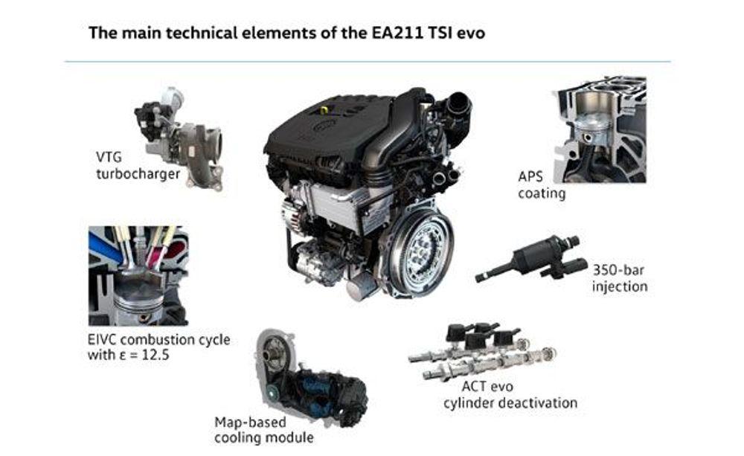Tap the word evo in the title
pos(470,33)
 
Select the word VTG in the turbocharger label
pos(109,157)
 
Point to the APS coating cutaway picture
pos(601,129)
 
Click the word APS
pos(530,176)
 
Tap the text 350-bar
pos(618,271)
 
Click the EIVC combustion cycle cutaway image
pos(138,276)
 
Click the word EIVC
pos(102,340)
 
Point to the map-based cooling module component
pos(311,378)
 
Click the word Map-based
pos(250,423)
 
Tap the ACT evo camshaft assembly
pos(482,352)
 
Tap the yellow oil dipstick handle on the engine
pos(324,109)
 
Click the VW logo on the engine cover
pos(325,125)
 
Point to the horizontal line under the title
pos(368,62)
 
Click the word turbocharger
pos(138,174)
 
